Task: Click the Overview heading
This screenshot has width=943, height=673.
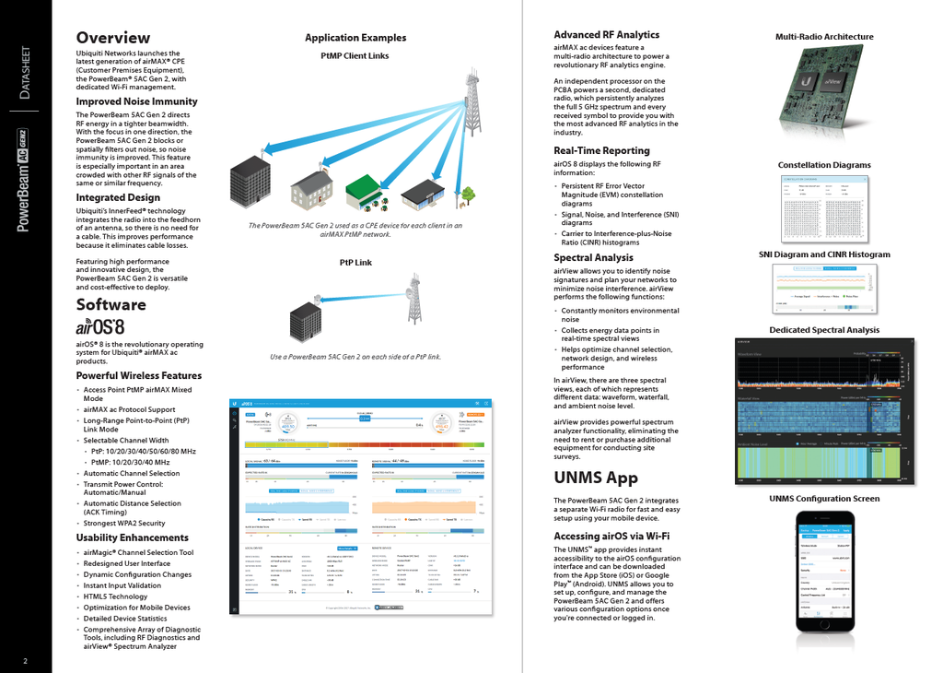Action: (112, 38)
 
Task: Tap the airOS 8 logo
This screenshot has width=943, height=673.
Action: (99, 326)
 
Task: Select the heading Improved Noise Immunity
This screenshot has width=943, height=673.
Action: (136, 101)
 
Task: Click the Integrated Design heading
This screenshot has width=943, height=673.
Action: (118, 197)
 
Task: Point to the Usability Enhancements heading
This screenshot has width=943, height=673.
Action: (132, 537)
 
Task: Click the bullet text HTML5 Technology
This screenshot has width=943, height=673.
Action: (115, 596)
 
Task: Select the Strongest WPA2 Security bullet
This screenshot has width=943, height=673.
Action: (124, 523)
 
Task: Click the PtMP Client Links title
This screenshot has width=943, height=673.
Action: (355, 56)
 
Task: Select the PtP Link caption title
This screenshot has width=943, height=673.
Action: (355, 263)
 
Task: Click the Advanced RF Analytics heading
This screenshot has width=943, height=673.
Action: (606, 35)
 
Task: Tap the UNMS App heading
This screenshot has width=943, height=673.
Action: (596, 478)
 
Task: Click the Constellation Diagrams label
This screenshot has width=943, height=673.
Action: (824, 165)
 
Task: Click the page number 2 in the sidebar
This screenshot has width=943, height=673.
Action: (26, 660)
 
